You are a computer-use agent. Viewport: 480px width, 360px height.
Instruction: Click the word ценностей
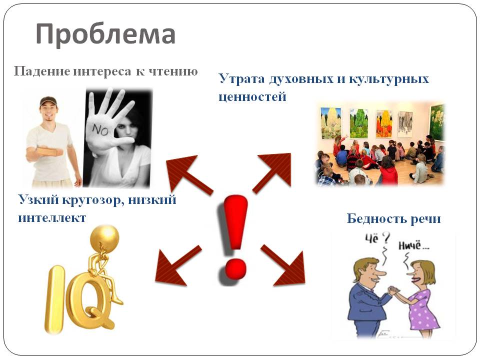click(252, 96)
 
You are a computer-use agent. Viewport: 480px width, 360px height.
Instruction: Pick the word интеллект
click(52, 218)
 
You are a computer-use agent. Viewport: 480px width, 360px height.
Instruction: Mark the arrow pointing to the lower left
click(177, 265)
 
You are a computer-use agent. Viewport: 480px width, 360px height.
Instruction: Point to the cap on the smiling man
click(48, 101)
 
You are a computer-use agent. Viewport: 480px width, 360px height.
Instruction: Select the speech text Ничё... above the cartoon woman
click(413, 245)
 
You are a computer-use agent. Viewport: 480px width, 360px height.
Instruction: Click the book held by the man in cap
click(48, 152)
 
